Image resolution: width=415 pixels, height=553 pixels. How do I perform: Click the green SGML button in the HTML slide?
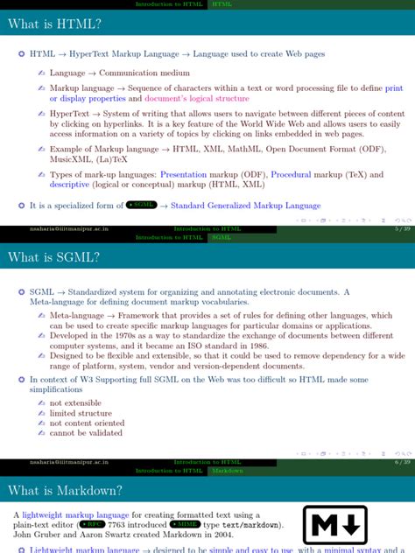(141, 206)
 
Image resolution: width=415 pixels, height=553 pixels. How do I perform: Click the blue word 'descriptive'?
(69, 185)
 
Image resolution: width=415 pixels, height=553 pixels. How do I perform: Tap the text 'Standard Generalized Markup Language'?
(246, 206)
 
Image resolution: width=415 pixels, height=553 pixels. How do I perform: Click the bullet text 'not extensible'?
(78, 402)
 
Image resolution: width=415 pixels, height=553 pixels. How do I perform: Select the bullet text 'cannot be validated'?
(87, 432)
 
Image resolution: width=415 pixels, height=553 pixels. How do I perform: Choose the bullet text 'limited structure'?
(81, 413)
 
